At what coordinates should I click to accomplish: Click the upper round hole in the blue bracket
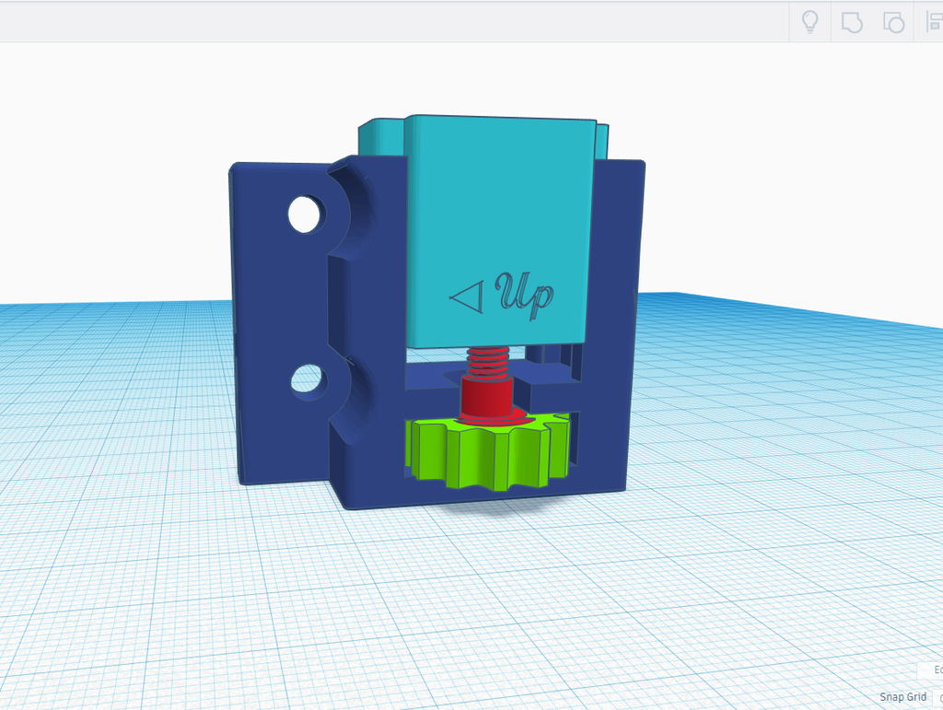[x=307, y=214]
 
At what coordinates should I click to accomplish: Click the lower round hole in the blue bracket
[x=308, y=379]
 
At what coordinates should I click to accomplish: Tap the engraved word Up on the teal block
[x=527, y=294]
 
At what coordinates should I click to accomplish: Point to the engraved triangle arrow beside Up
[x=467, y=297]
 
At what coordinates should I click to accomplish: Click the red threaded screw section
[x=487, y=361]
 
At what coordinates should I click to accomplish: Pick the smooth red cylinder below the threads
[x=486, y=397]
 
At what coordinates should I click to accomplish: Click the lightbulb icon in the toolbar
[x=810, y=22]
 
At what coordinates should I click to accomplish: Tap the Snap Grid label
[x=902, y=697]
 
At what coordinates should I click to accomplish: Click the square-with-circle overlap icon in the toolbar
[x=892, y=22]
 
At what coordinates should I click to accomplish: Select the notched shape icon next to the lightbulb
[x=852, y=22]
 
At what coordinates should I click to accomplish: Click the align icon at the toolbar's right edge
[x=932, y=22]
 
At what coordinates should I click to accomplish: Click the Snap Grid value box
[x=937, y=697]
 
